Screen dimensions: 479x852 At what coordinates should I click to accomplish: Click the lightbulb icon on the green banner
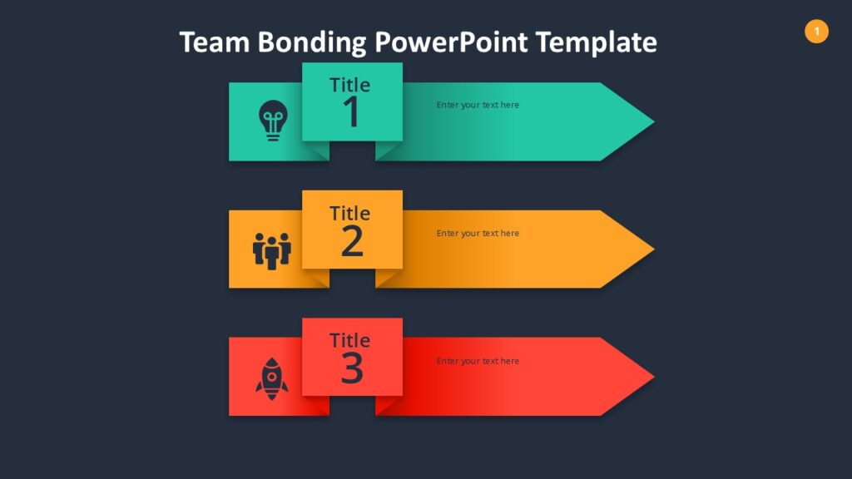click(271, 121)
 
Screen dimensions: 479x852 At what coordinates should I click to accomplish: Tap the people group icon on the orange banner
click(271, 249)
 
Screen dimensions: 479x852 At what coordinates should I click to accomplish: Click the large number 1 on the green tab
click(352, 113)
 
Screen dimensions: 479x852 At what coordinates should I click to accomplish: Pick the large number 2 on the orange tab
click(352, 241)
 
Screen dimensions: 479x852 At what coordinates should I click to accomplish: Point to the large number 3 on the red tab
click(352, 368)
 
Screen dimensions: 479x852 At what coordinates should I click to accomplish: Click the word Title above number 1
click(350, 85)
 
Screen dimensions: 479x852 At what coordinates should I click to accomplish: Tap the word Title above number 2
click(350, 213)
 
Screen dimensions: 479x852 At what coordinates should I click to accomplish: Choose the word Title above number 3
click(350, 340)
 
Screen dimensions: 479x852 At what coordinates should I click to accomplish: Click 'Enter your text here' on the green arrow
click(478, 106)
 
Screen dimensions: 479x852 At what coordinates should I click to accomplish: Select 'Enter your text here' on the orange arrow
click(478, 234)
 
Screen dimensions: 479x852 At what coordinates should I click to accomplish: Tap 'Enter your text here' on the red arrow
click(478, 362)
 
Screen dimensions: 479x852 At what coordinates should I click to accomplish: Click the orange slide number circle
click(816, 32)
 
